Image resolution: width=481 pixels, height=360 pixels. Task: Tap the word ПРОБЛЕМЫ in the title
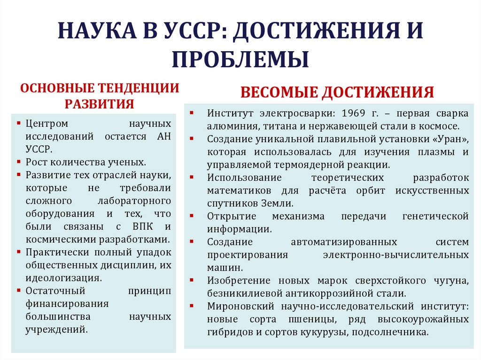(240, 60)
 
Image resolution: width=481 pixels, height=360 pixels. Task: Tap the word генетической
(435, 216)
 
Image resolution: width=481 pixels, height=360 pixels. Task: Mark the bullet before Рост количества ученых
(18, 162)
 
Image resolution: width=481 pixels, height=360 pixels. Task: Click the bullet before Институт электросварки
(193, 114)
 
